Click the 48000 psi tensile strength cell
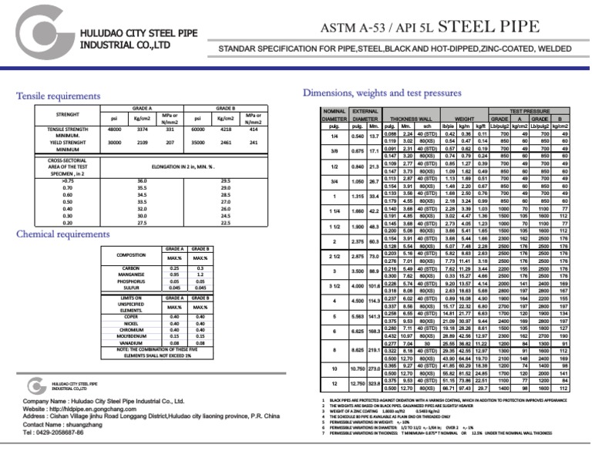(115, 130)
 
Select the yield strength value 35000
(198, 143)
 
